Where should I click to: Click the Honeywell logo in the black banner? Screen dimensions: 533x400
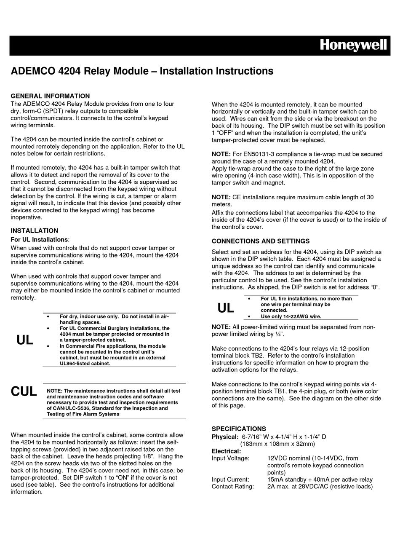pyautogui.click(x=353, y=46)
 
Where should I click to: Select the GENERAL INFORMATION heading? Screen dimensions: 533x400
pyautogui.click(x=50, y=96)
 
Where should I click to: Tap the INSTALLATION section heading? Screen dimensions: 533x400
pyautogui.click(x=34, y=230)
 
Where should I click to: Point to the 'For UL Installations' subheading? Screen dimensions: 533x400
pyautogui.click(x=39, y=239)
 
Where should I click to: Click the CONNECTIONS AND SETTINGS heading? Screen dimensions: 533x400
pyautogui.click(x=260, y=241)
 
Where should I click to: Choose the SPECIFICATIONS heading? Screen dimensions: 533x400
pyautogui.click(x=239, y=429)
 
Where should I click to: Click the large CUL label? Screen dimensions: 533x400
pyautogui.click(x=24, y=391)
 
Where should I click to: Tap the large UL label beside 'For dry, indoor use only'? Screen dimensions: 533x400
pyautogui.click(x=25, y=340)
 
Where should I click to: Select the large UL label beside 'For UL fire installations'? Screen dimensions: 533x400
pyautogui.click(x=226, y=308)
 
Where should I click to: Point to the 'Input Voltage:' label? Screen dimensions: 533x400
pyautogui.click(x=230, y=458)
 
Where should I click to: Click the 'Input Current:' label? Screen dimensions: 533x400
pyautogui.click(x=230, y=479)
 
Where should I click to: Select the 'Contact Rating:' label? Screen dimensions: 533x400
pyautogui.click(x=233, y=487)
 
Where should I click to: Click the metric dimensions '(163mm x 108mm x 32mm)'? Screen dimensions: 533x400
pyautogui.click(x=277, y=444)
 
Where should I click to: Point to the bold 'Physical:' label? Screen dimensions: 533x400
pyautogui.click(x=225, y=437)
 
